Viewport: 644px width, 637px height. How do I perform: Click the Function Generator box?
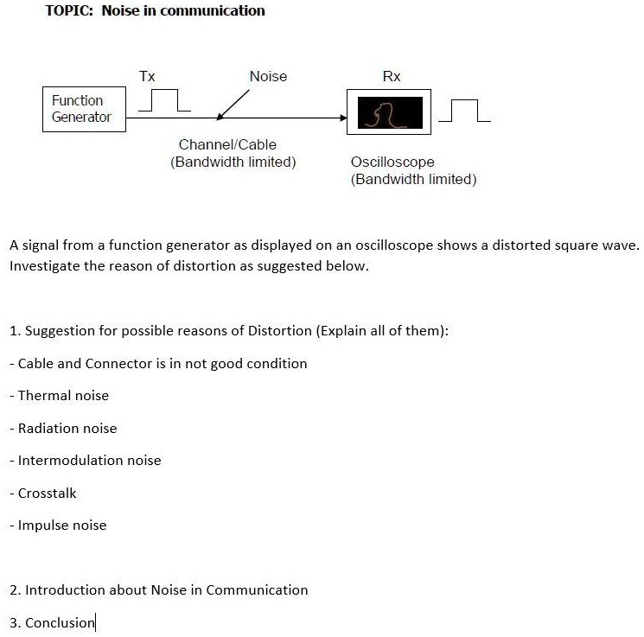pos(83,109)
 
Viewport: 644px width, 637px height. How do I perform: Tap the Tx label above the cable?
pos(147,76)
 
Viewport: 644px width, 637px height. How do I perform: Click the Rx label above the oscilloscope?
pos(392,76)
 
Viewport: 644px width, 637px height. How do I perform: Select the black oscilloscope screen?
pos(389,112)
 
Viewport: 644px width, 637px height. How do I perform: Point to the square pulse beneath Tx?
pos(165,100)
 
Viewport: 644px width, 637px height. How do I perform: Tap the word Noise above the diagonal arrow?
pos(268,76)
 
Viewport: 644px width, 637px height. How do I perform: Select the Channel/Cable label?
pos(227,144)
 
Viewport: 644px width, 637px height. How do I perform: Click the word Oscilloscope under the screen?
pos(392,162)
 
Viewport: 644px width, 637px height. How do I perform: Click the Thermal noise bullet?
pos(63,396)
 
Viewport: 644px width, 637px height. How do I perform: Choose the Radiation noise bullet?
pos(67,429)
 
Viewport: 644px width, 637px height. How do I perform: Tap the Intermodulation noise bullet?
pos(89,461)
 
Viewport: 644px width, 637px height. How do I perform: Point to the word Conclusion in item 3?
pos(60,623)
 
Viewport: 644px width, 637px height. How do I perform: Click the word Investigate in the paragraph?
pos(45,266)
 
